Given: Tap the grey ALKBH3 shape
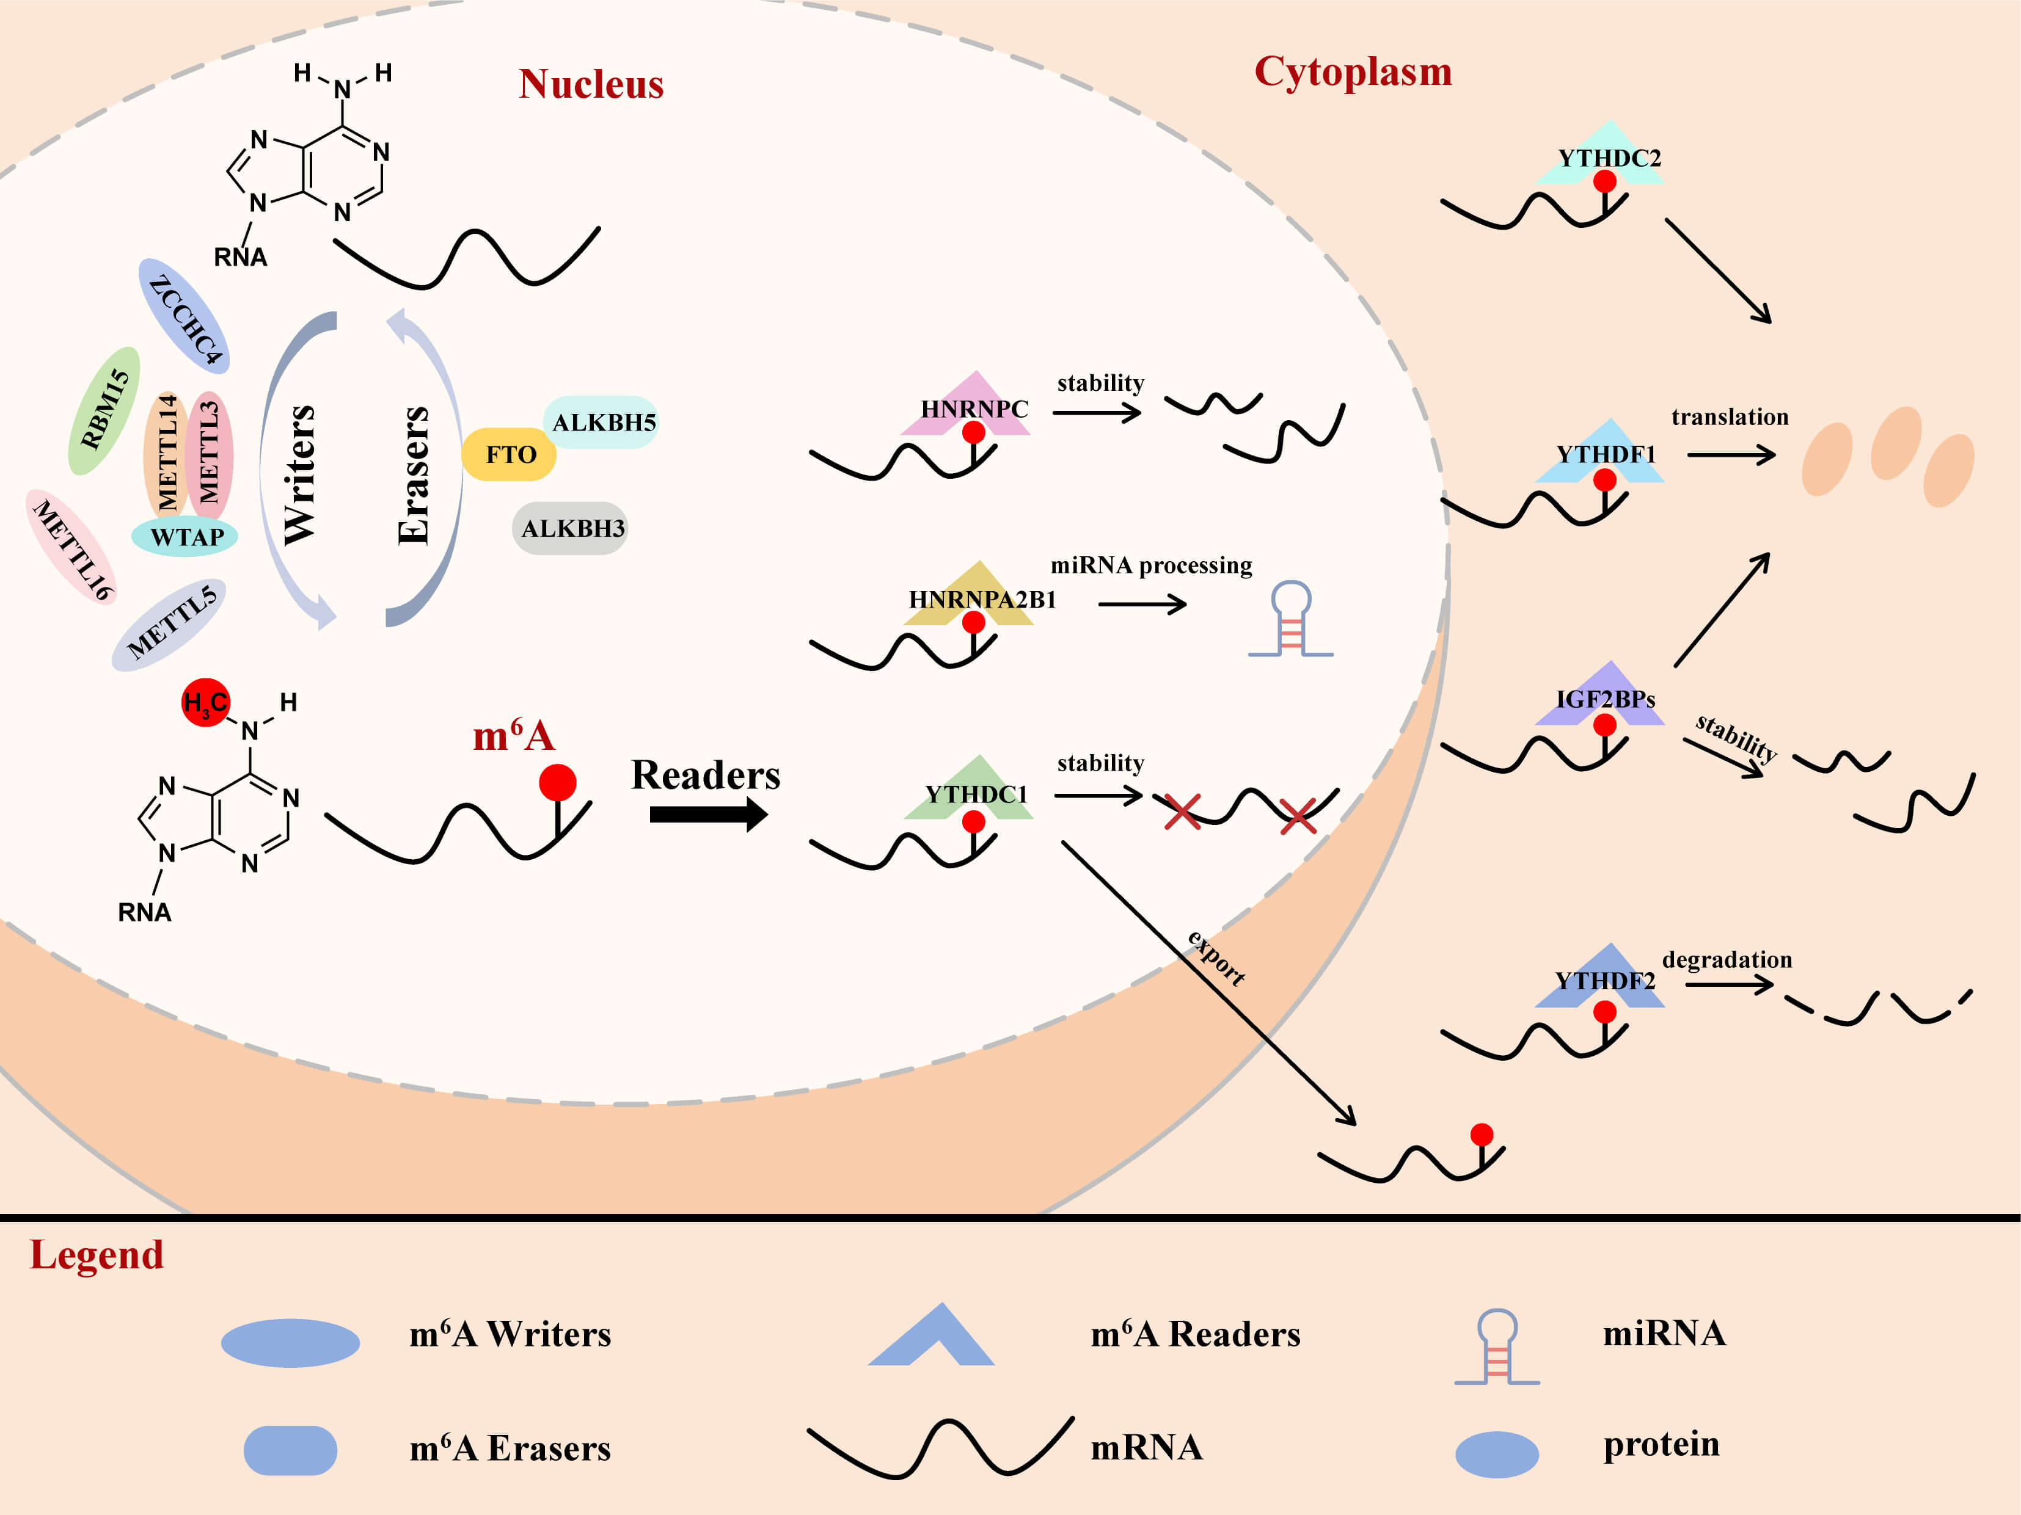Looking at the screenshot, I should [x=571, y=528].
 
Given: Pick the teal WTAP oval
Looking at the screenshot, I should [x=186, y=536].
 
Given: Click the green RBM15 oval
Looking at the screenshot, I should [x=104, y=410].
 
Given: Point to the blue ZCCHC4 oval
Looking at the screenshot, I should [x=185, y=316].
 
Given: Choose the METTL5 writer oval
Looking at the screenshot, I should [x=170, y=625].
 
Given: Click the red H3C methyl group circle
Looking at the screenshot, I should [x=205, y=702].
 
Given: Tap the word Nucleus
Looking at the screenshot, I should [x=591, y=84].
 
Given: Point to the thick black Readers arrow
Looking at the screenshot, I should [x=708, y=813].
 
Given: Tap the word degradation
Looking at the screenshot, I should [x=1727, y=960].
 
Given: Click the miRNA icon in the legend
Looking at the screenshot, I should [x=1497, y=1346].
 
